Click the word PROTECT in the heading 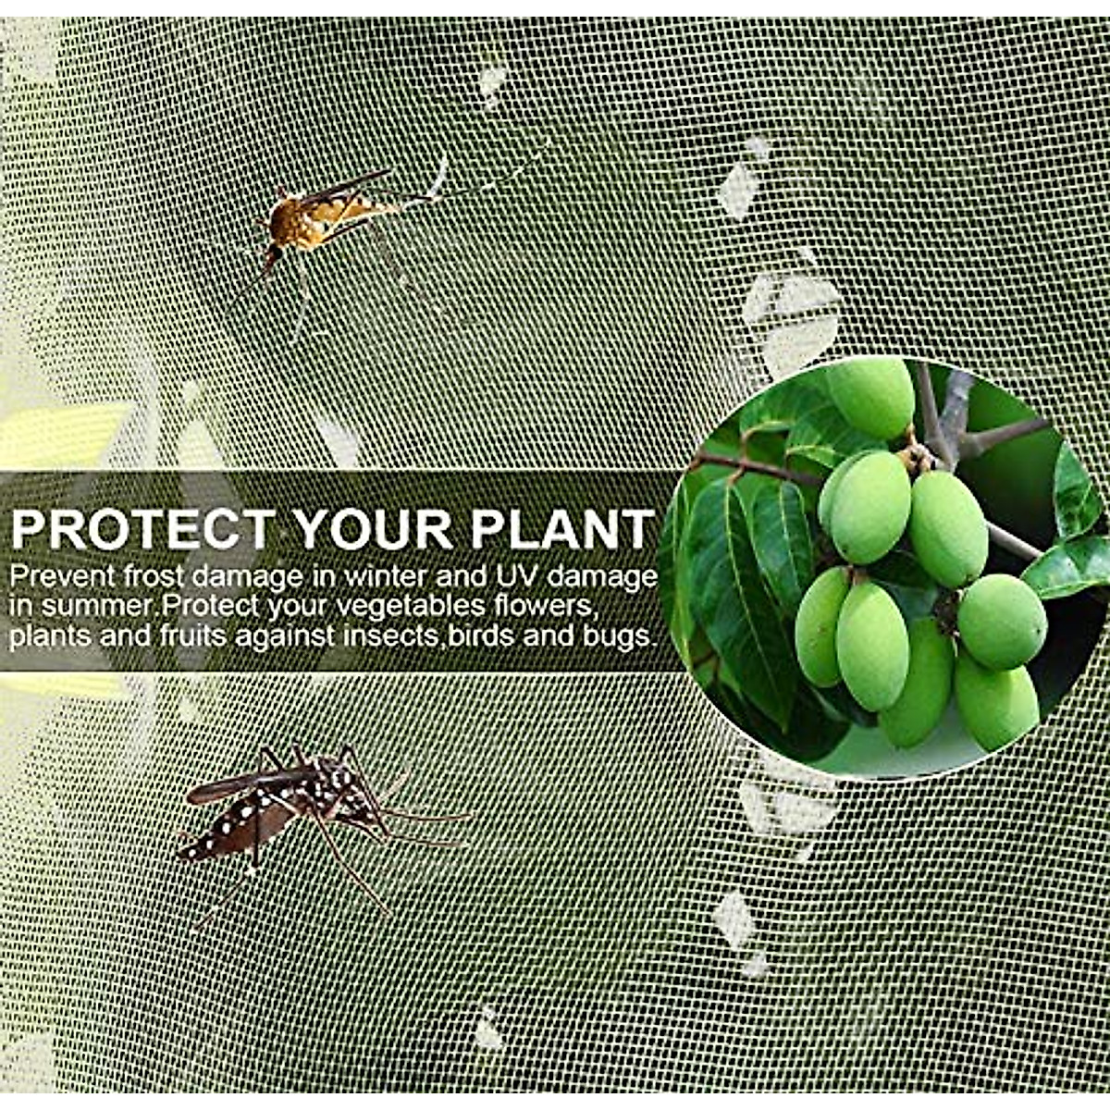(x=142, y=530)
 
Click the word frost (x=154, y=577)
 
